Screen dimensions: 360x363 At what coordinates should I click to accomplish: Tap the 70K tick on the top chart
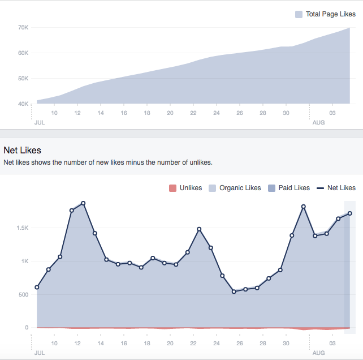23,27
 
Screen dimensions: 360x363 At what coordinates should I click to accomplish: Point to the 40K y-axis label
23,104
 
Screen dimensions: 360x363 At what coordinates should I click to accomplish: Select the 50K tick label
23,78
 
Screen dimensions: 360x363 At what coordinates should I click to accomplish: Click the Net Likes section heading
22,150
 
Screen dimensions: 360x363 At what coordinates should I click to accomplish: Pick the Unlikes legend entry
185,188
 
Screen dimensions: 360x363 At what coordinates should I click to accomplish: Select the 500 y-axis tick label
23,294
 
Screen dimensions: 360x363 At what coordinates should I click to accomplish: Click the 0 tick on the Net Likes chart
26,328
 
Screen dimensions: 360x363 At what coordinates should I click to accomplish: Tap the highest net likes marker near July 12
83,203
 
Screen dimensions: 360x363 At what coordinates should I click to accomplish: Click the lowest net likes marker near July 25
234,292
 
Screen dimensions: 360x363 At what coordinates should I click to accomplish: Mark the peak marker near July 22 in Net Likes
199,229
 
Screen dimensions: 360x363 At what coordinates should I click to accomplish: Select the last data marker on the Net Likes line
350,213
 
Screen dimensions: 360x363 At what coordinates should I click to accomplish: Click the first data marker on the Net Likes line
37,287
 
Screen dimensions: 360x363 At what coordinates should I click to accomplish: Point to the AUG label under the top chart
318,122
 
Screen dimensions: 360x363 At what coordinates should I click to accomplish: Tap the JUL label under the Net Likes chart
39,353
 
